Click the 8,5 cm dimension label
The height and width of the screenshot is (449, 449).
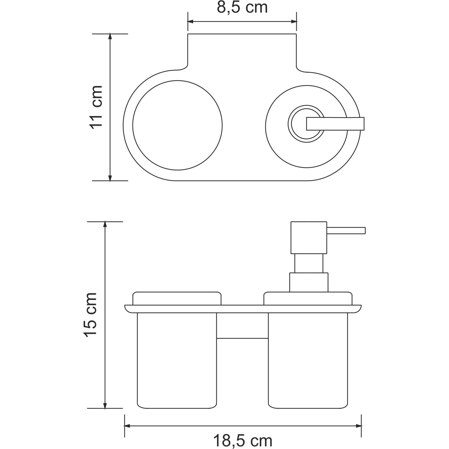tap(242, 7)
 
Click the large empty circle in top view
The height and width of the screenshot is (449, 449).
tap(177, 125)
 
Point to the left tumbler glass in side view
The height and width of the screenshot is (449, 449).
tap(177, 360)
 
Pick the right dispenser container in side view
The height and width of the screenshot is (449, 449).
tap(308, 360)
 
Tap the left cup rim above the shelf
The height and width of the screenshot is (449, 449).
tap(177, 298)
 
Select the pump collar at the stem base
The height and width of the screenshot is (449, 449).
tap(309, 282)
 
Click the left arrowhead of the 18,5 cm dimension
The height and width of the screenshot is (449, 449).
tap(127, 425)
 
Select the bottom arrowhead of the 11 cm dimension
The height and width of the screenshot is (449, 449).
tap(110, 178)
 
